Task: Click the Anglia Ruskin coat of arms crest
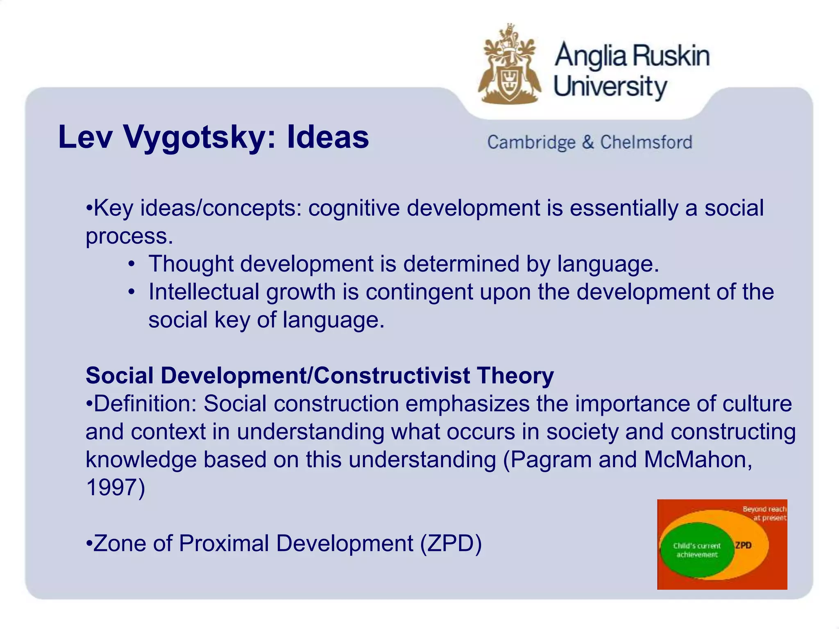click(x=509, y=66)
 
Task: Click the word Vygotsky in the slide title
click(x=195, y=137)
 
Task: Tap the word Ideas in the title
click(x=327, y=137)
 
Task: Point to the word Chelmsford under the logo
click(x=646, y=143)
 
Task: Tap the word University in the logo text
click(x=610, y=87)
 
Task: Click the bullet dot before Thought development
click(x=131, y=264)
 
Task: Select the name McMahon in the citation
click(x=698, y=459)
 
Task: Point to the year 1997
click(x=111, y=488)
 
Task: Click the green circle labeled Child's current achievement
click(x=696, y=550)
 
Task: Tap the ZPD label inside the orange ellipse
click(x=743, y=545)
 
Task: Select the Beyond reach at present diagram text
click(x=764, y=514)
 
